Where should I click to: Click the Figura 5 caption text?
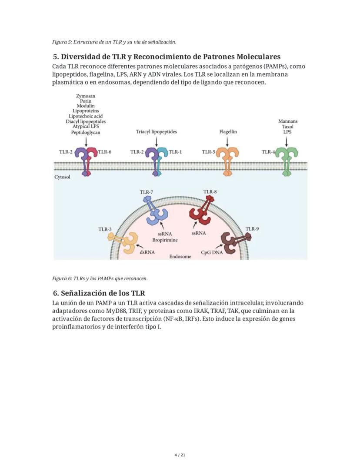pyautogui.click(x=114, y=42)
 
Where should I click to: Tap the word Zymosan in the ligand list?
pyautogui.click(x=86, y=96)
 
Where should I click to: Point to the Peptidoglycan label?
pyautogui.click(x=86, y=132)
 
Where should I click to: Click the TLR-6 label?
pyautogui.click(x=105, y=152)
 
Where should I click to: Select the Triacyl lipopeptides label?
pyautogui.click(x=156, y=131)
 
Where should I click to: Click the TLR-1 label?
pyautogui.click(x=175, y=152)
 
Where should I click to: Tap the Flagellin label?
pyautogui.click(x=228, y=131)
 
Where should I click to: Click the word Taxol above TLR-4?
pyautogui.click(x=287, y=127)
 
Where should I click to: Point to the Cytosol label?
pyautogui.click(x=62, y=177)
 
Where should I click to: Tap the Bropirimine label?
pyautogui.click(x=162, y=240)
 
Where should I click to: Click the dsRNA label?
pyautogui.click(x=147, y=252)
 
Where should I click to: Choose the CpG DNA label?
pyautogui.click(x=212, y=252)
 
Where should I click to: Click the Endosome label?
pyautogui.click(x=180, y=256)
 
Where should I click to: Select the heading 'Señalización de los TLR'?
pyautogui.click(x=99, y=293)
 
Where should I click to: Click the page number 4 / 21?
pyautogui.click(x=180, y=455)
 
